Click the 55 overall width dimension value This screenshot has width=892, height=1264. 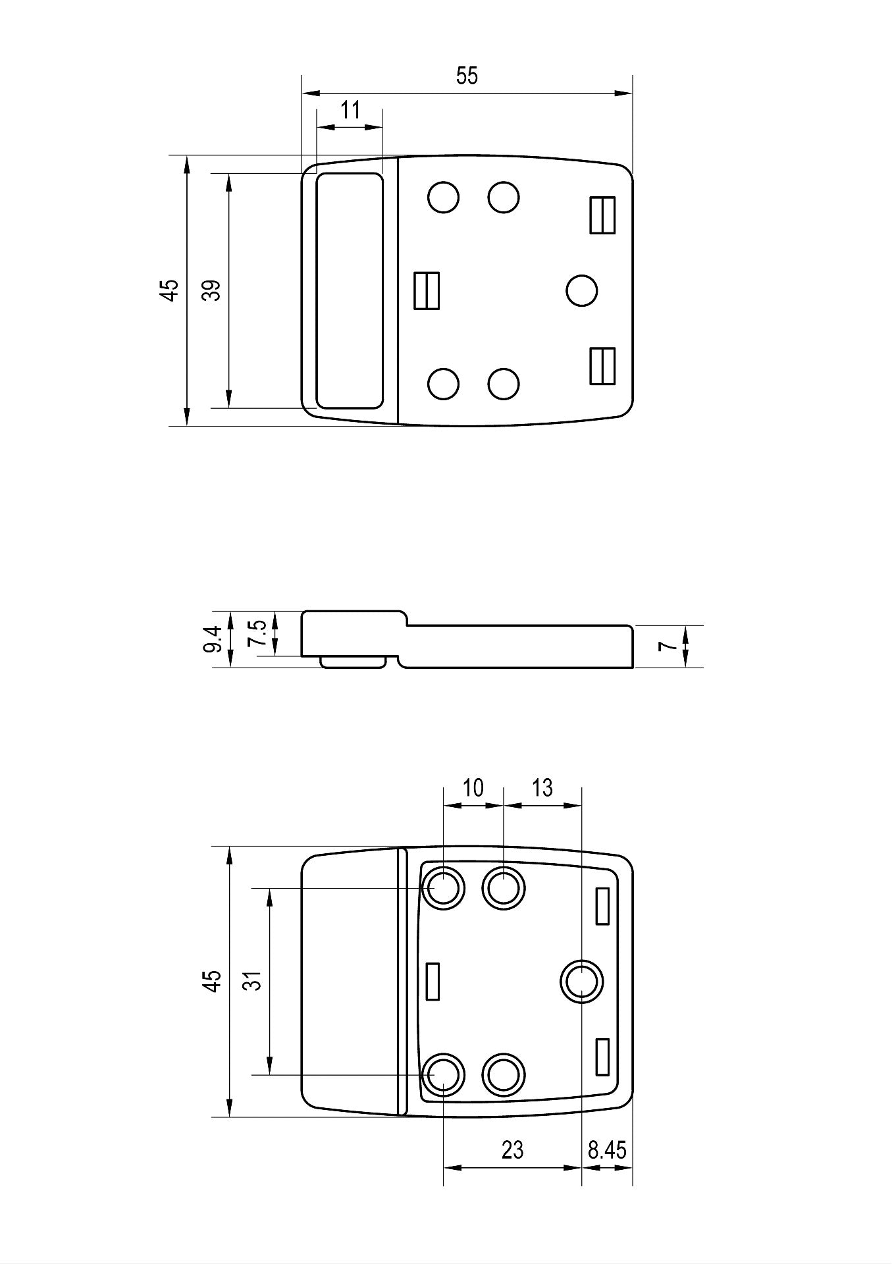(x=467, y=76)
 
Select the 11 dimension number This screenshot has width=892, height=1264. (x=351, y=110)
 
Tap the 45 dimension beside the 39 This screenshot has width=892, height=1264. (x=170, y=290)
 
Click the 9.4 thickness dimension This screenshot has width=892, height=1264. (x=213, y=639)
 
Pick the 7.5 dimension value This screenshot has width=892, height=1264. (x=257, y=633)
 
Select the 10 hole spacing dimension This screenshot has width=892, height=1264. (x=473, y=787)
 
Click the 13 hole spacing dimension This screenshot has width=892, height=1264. (x=542, y=787)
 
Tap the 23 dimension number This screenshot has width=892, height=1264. (x=512, y=1150)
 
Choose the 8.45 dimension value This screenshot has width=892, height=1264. (x=607, y=1150)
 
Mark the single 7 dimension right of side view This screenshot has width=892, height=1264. (x=669, y=646)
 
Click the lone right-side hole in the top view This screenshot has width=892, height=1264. (x=582, y=291)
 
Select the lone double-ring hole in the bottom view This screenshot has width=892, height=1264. (x=582, y=982)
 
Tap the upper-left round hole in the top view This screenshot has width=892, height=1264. (x=443, y=197)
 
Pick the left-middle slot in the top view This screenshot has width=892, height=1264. (x=427, y=291)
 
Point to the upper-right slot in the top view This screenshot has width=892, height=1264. (x=602, y=215)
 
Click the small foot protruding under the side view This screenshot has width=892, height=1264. (x=352, y=662)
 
